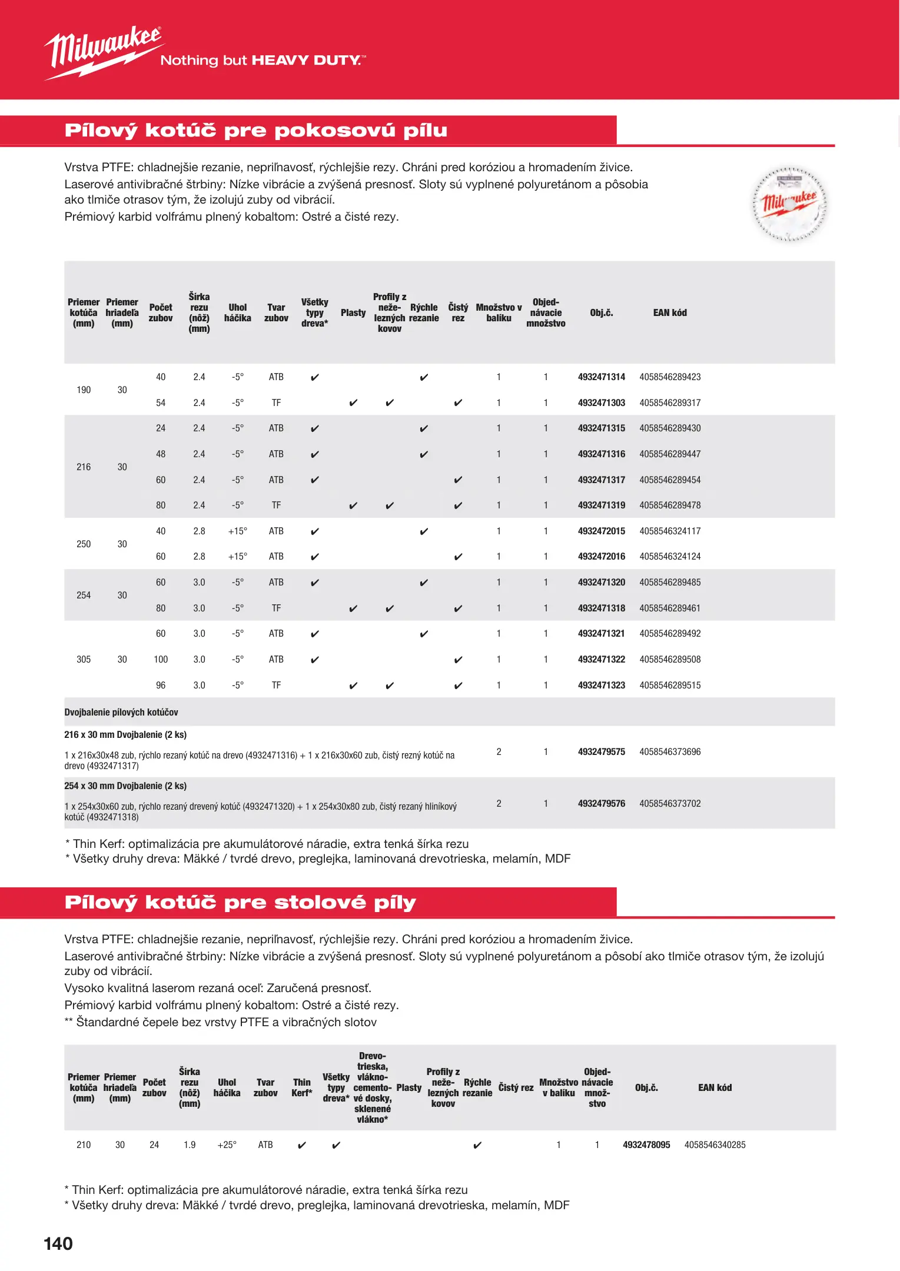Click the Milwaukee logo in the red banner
104,52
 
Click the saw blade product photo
789,204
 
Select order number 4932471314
601,377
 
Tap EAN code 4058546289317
670,403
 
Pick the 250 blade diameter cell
84,544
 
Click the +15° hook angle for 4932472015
237,531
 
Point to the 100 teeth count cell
161,660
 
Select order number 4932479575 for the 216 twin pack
601,752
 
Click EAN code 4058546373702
670,804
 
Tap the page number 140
58,1244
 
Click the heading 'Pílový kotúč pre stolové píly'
240,903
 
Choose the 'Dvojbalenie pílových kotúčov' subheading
121,713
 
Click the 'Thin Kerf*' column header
301,1087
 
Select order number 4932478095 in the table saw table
646,1145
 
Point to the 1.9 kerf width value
190,1145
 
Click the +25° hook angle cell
227,1145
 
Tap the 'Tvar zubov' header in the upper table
276,313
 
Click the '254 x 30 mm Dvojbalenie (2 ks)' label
125,786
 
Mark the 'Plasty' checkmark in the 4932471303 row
353,403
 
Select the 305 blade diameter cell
84,660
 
